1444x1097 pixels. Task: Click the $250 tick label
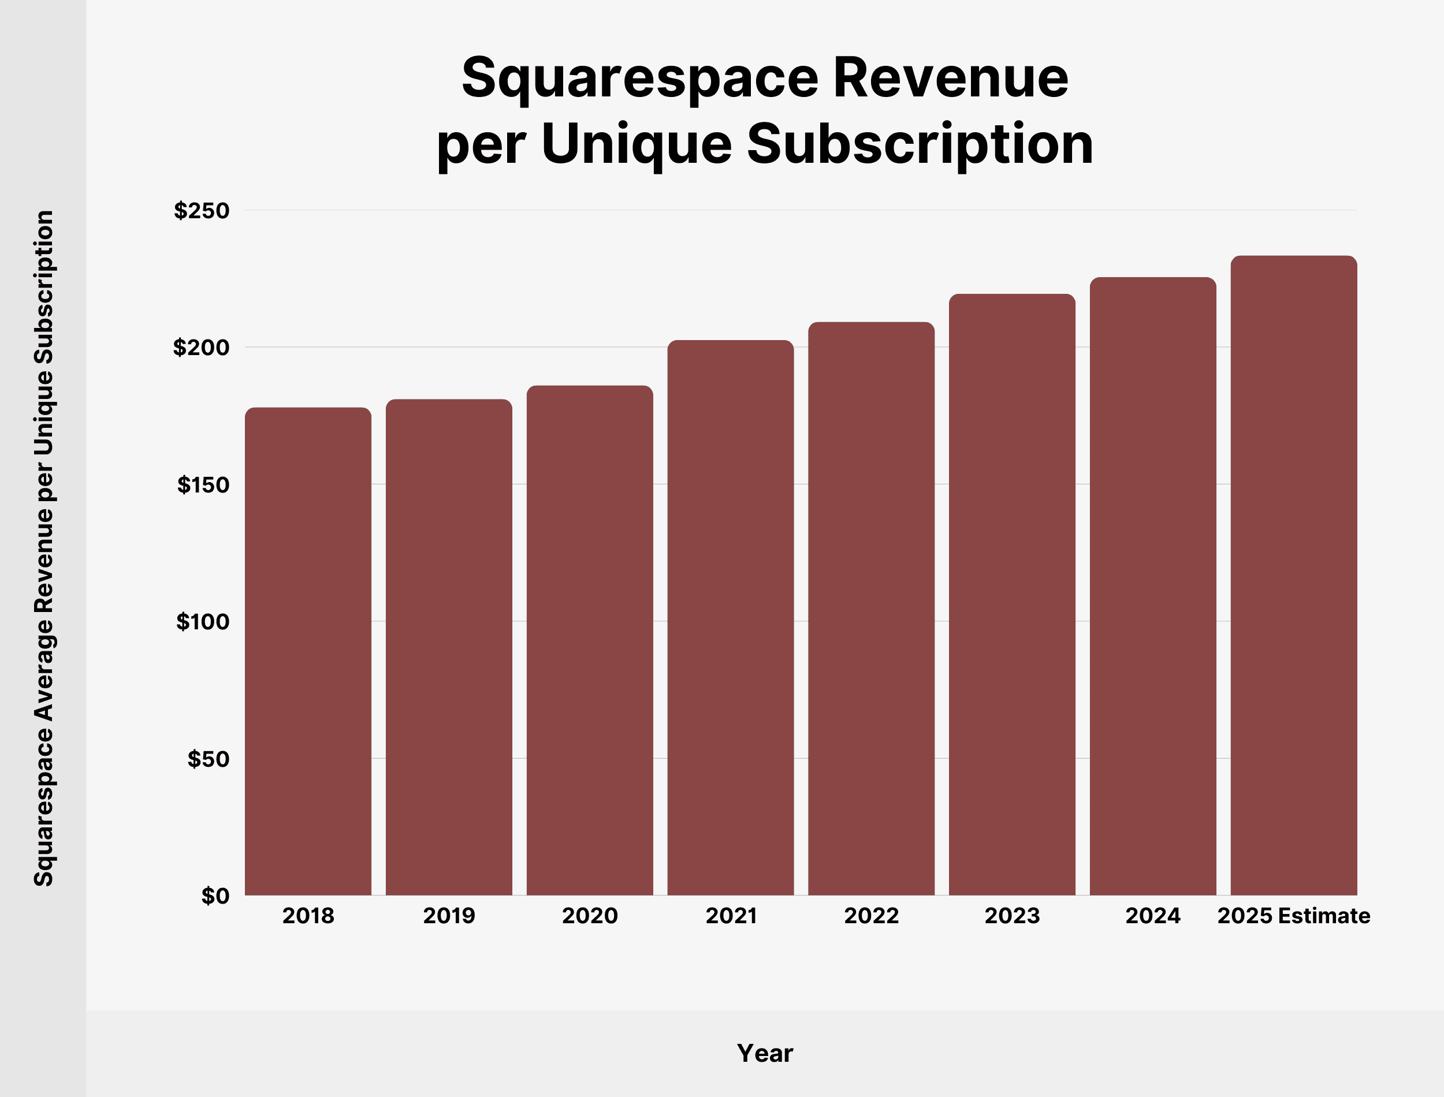pyautogui.click(x=201, y=210)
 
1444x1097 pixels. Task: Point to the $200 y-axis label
pyautogui.click(x=201, y=348)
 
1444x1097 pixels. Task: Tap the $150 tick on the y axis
pyautogui.click(x=203, y=484)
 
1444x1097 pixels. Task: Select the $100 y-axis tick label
pyautogui.click(x=203, y=622)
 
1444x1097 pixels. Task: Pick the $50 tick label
pyautogui.click(x=208, y=759)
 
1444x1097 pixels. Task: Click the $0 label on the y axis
pyautogui.click(x=215, y=896)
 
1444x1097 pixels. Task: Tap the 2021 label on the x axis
pyautogui.click(x=731, y=916)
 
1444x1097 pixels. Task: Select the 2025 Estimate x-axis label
pyautogui.click(x=1293, y=916)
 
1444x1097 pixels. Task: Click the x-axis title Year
pyautogui.click(x=764, y=1053)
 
